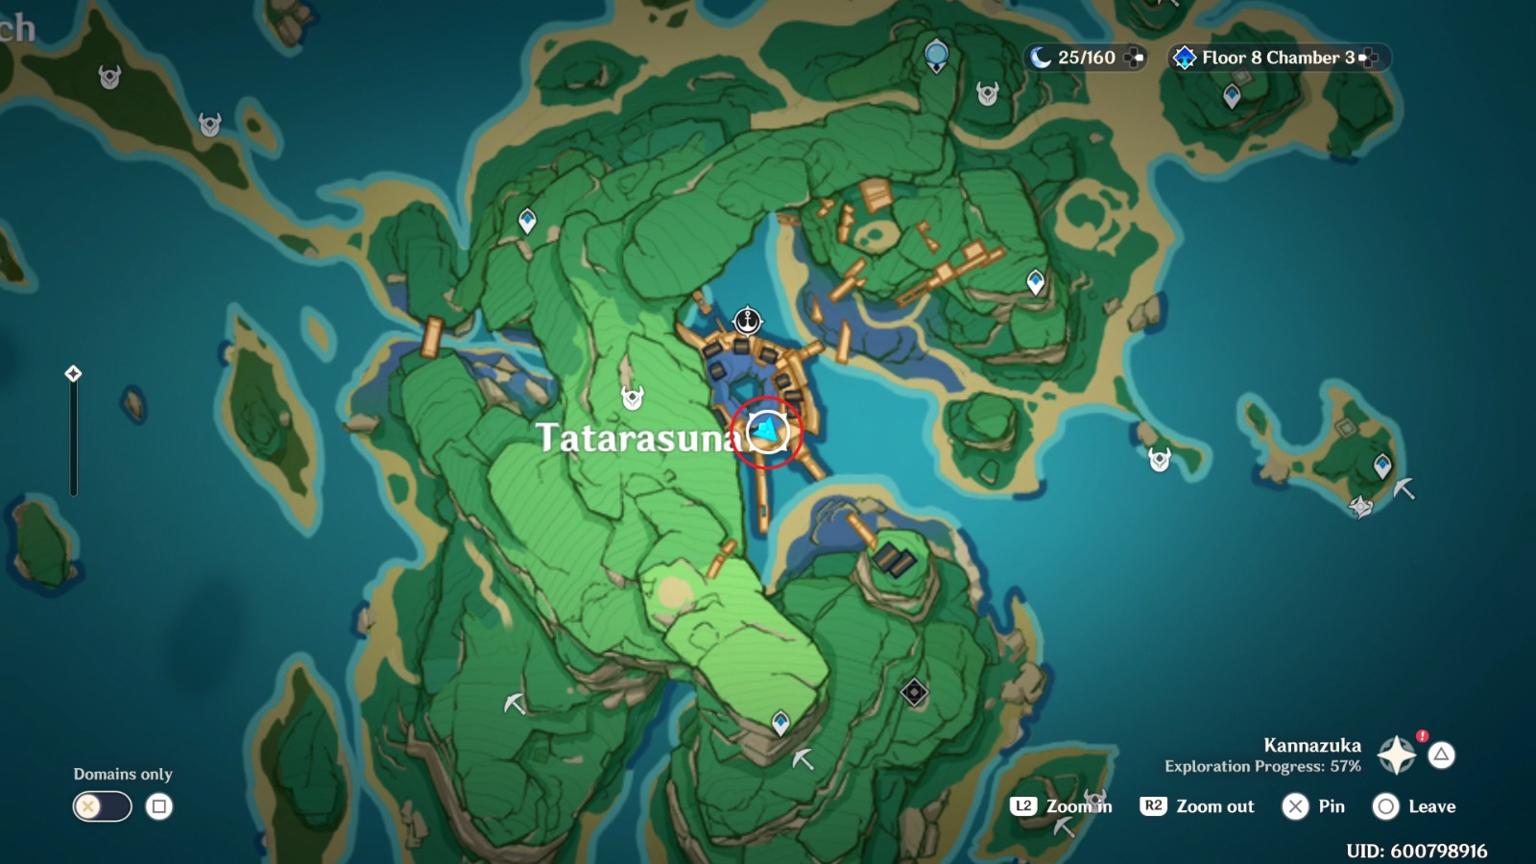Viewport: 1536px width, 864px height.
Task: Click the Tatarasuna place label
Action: pos(638,438)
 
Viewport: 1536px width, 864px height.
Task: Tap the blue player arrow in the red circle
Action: pos(767,431)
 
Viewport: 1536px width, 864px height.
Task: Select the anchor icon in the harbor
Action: pos(747,321)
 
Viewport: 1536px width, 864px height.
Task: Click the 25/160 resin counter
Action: pos(1086,58)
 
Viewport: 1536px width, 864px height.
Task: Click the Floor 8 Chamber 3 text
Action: pos(1278,58)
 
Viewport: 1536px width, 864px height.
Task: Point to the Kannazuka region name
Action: pos(1311,745)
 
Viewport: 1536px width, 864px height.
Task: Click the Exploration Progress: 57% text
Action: pos(1262,766)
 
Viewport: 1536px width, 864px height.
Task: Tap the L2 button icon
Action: pos(1023,806)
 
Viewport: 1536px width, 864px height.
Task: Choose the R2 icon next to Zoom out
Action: pos(1153,806)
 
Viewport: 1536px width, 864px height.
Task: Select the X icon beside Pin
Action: pos(1295,806)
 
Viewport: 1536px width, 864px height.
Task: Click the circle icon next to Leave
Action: pos(1385,806)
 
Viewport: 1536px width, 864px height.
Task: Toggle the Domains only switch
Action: pos(102,806)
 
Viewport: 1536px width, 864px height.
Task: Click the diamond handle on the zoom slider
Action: pos(73,373)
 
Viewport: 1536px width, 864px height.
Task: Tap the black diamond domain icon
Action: pos(914,692)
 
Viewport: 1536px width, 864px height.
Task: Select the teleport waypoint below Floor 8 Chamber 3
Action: pos(1232,96)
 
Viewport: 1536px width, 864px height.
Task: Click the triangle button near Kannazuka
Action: pos(1441,756)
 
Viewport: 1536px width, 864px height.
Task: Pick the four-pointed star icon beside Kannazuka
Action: pos(1397,756)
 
